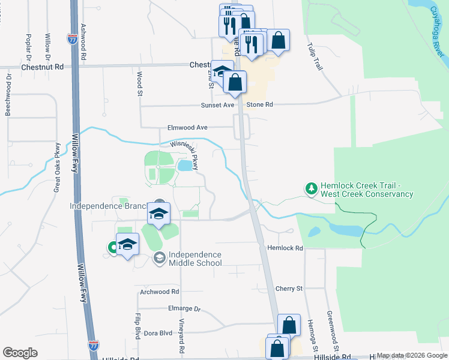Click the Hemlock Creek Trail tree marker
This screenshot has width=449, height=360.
point(311,190)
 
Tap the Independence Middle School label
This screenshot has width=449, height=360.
point(195,259)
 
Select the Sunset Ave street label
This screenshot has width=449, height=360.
point(217,104)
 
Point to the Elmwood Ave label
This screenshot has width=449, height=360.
point(187,127)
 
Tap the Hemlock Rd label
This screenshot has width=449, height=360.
point(285,247)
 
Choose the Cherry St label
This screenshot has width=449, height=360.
point(289,289)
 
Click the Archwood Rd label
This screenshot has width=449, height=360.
point(159,292)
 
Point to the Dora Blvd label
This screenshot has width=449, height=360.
point(158,332)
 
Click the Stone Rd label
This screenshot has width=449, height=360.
point(261,104)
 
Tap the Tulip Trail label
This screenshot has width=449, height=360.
point(315,56)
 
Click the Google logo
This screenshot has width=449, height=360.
point(20,352)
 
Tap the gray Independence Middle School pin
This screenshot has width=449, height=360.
point(159,258)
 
